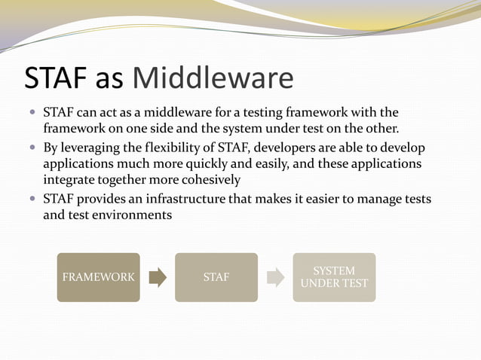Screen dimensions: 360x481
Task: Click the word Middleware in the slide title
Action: point(213,78)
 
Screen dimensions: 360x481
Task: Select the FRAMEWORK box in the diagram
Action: point(98,277)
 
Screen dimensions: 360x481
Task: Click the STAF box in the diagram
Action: point(216,277)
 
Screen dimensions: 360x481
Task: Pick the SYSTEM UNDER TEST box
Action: point(334,277)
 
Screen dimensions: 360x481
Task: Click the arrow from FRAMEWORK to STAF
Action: point(158,277)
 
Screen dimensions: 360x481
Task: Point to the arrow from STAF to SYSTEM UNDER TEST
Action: point(276,277)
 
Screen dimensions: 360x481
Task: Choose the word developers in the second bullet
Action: point(286,147)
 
